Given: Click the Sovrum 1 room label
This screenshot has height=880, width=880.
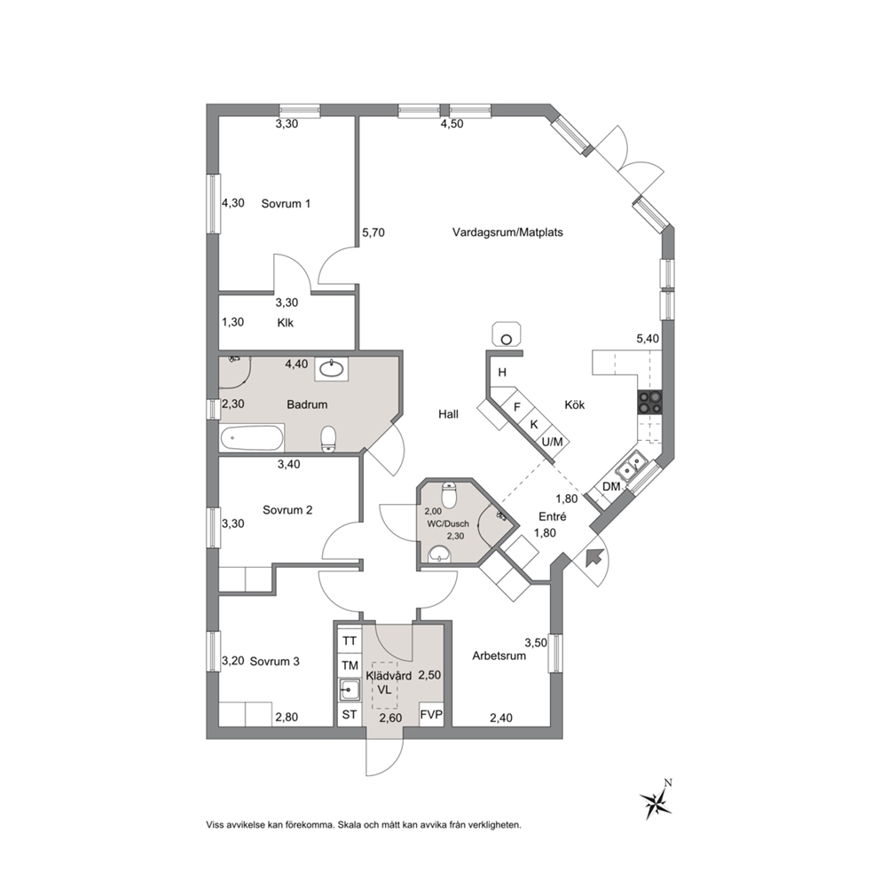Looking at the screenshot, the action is coord(286,204).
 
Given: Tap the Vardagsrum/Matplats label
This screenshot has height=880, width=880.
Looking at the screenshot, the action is coord(507,232).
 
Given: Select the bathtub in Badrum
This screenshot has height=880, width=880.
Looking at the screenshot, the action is coord(251,437).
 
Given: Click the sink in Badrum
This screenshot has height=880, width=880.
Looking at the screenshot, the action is coord(331,369).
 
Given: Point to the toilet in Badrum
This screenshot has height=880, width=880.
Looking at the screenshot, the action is coord(328,438).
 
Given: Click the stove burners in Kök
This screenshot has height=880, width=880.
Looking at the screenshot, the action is coord(649,402).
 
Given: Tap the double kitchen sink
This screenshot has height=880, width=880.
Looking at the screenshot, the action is coord(631,464).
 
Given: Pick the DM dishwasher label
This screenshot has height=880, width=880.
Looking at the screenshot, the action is coord(611,487).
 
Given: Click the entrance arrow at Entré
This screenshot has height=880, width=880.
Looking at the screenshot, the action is coord(594,558).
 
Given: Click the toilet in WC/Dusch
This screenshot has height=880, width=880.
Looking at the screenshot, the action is coord(450,494).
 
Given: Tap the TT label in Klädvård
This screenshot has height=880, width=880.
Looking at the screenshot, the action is coord(350,640).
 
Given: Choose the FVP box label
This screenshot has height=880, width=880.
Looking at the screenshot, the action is coord(431,714).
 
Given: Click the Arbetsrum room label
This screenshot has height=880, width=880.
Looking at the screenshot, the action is coord(499,656).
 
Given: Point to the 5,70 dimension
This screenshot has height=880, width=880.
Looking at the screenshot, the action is coord(373,232).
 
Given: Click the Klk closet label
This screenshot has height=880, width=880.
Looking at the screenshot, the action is coord(285,323).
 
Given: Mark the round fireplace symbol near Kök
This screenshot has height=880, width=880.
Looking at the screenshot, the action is coord(507,339).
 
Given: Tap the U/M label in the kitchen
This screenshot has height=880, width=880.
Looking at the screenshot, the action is coord(553,443).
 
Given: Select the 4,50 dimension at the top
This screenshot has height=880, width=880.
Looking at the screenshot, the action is coord(452,124).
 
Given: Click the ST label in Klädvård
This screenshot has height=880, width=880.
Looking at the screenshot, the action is coord(350,714).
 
